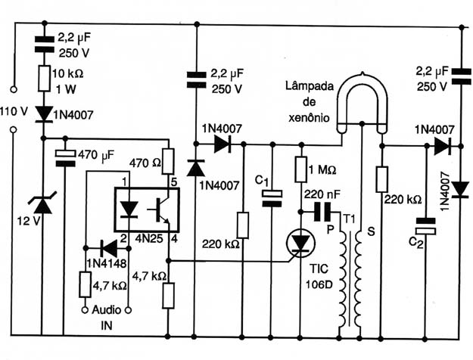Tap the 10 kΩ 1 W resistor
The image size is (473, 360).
pos(44,79)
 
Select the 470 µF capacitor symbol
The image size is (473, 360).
pos(65,158)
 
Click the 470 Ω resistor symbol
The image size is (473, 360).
pos(168,161)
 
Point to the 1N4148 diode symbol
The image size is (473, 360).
pos(109,248)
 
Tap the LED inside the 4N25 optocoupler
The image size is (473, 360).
pos(129,209)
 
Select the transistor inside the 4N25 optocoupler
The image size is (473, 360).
pos(159,209)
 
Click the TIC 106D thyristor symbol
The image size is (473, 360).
pos(300,243)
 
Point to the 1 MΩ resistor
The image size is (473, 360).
pos(300,169)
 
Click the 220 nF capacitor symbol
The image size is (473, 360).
pos(322,212)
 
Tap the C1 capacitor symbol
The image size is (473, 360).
pos(272,198)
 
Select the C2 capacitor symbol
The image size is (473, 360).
pos(425,226)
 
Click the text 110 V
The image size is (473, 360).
pos(14,112)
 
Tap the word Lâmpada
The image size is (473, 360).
pos(310,86)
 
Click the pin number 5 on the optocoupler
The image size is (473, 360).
pos(174,182)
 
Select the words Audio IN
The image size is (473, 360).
pos(106,318)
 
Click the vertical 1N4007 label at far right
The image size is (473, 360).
pos(445,191)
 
